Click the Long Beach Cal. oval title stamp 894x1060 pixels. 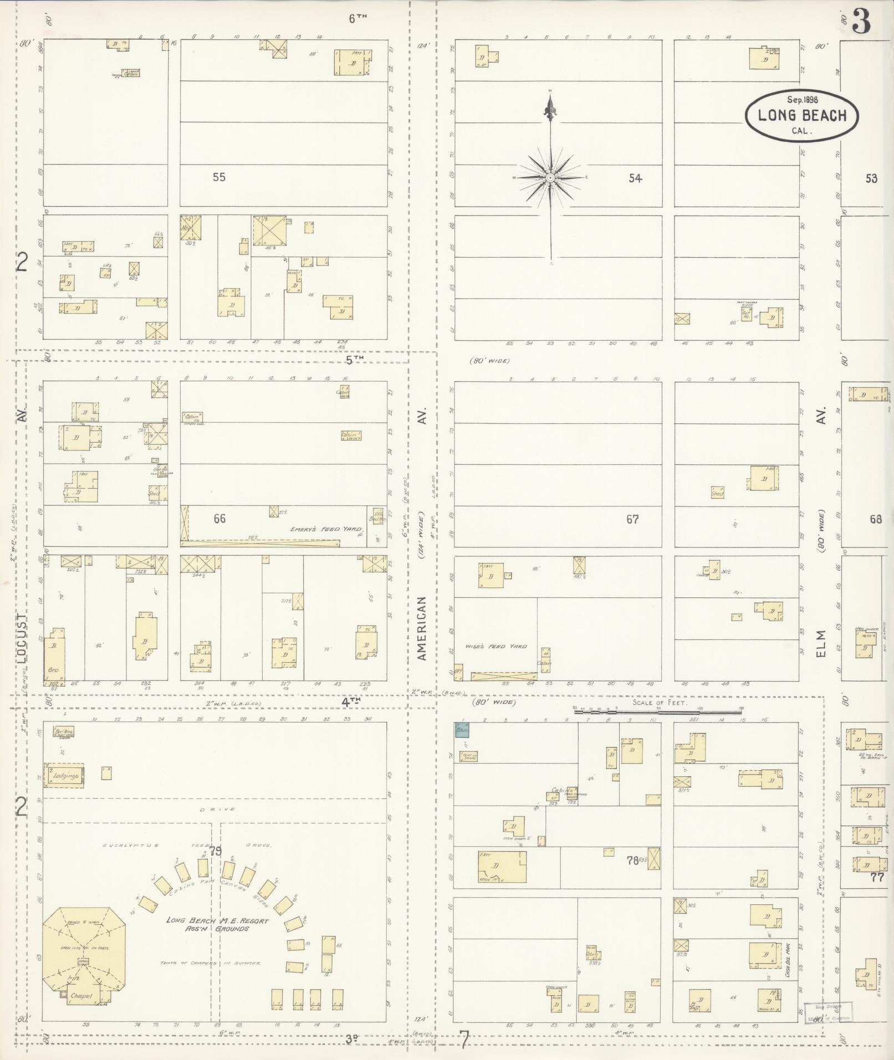(x=801, y=115)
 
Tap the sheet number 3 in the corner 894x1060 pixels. (x=861, y=22)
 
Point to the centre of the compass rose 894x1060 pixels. (x=550, y=177)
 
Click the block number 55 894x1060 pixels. (x=219, y=177)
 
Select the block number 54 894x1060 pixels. (x=635, y=178)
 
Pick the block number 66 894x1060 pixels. (x=219, y=519)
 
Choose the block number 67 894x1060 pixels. (x=632, y=519)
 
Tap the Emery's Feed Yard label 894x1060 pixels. (x=326, y=529)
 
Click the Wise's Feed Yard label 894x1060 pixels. (x=495, y=646)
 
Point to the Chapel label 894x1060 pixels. (x=81, y=996)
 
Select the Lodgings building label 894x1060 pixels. (x=66, y=776)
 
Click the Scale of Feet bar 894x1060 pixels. (x=657, y=711)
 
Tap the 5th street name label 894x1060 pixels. (x=354, y=359)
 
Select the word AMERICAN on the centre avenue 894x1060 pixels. (x=422, y=628)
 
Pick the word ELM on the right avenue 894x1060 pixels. (x=821, y=644)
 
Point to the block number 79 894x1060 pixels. (x=215, y=851)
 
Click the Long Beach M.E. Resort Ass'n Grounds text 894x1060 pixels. (x=217, y=924)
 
